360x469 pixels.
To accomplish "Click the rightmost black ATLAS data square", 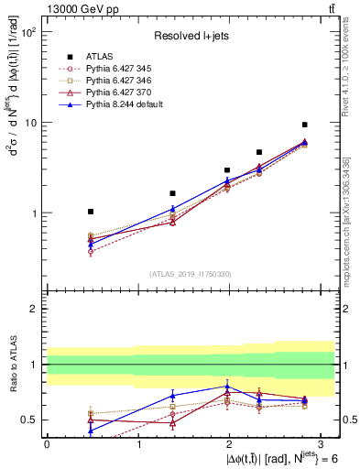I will [x=304, y=125].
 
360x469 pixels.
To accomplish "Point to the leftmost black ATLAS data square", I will [x=90, y=212].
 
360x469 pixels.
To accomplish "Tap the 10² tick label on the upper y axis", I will [x=27, y=32].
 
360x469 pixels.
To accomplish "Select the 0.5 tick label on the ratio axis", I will [x=29, y=420].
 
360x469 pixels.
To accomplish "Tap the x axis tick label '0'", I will [x=47, y=444].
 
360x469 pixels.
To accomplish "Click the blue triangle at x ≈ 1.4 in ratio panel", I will [x=172, y=396].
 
